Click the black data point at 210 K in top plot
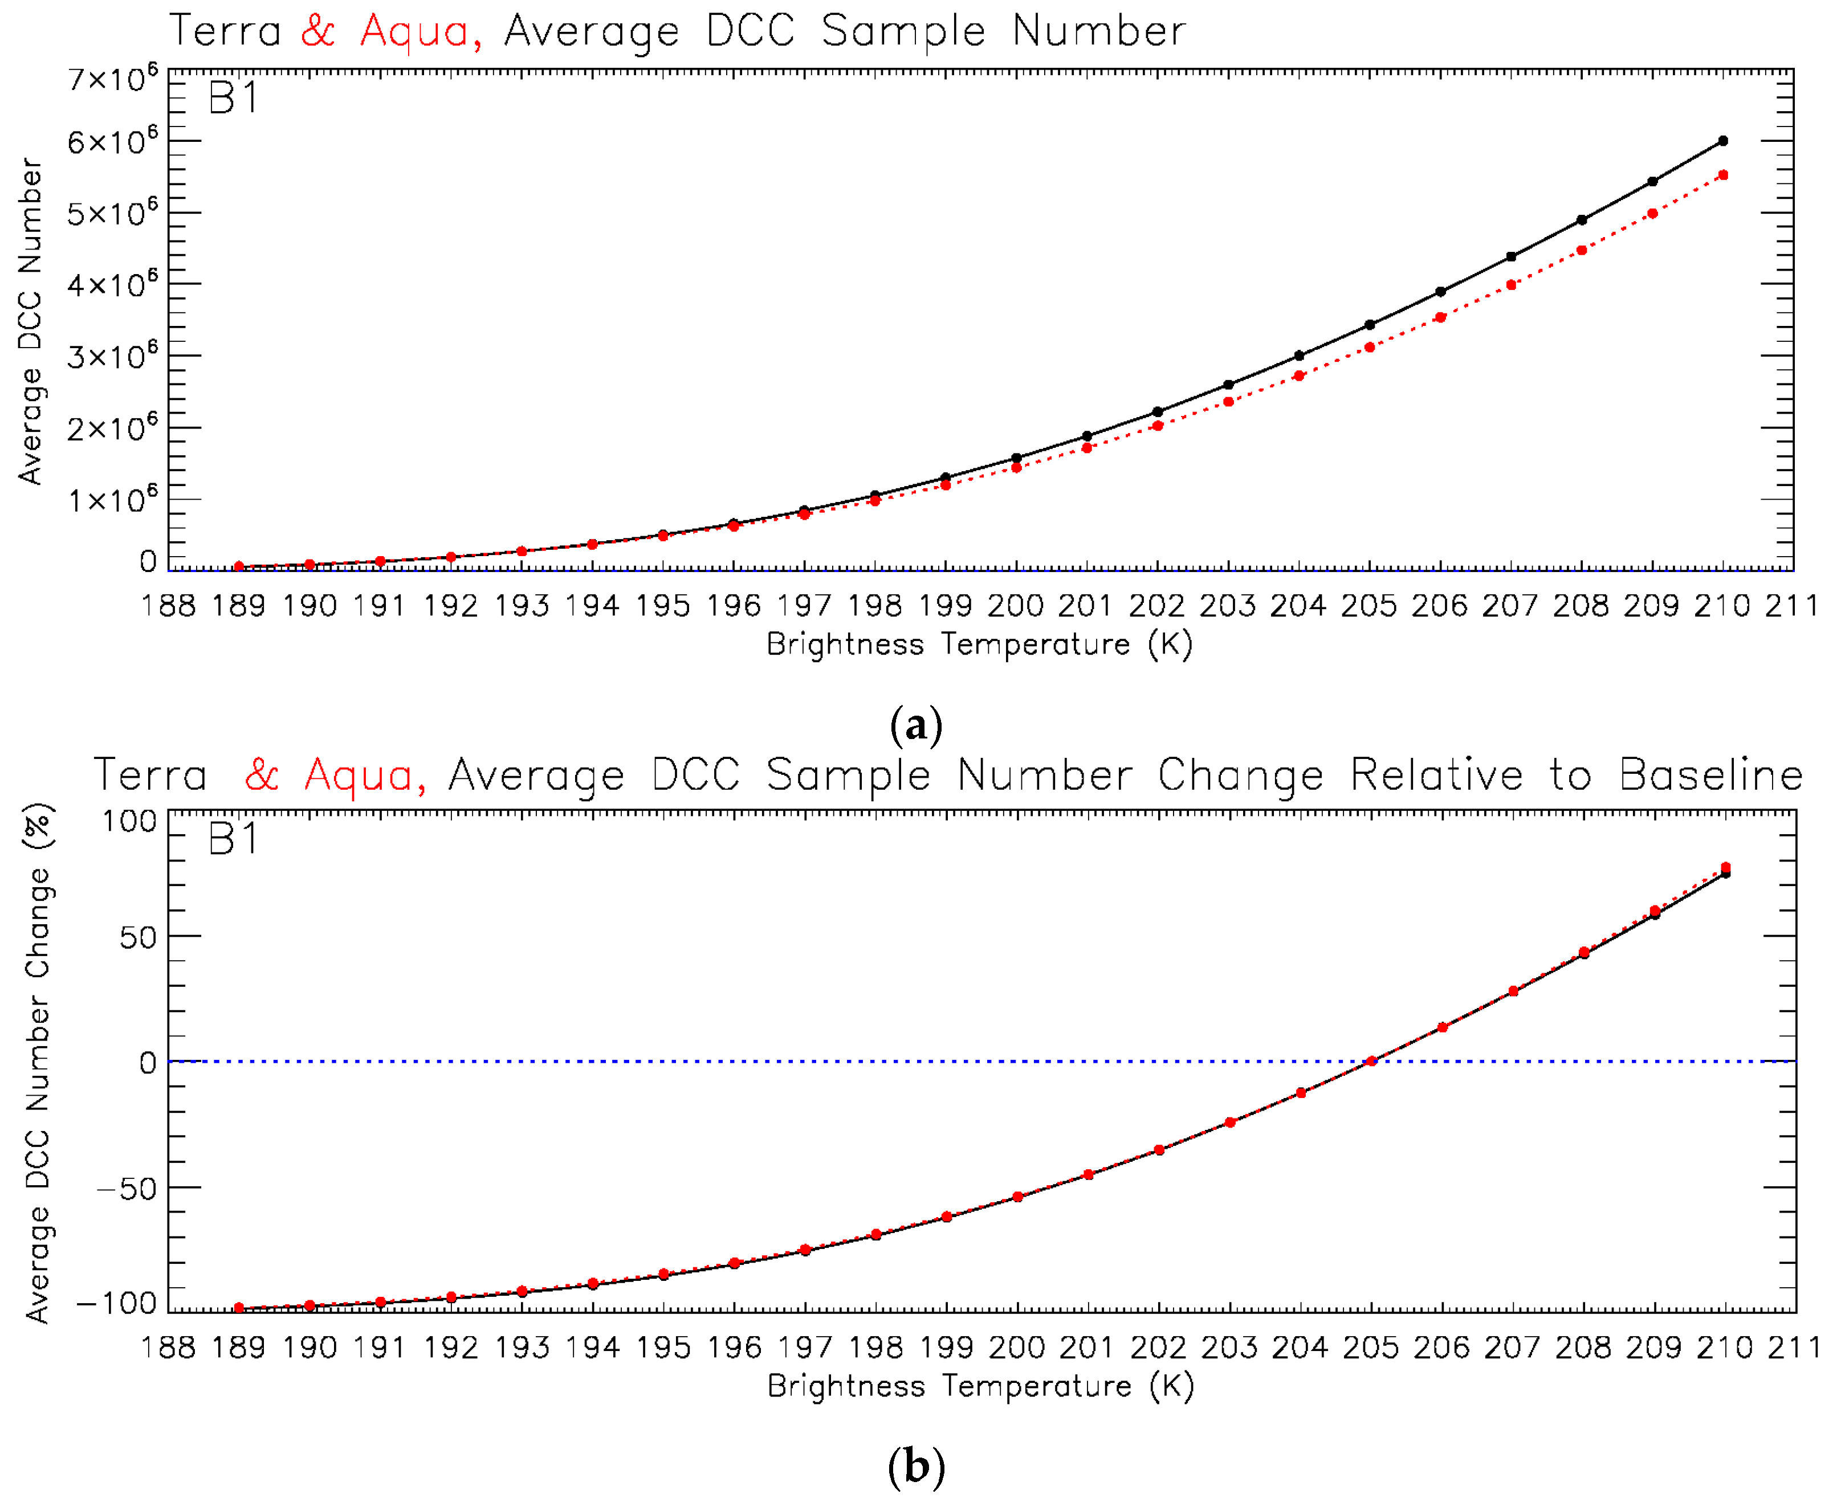[x=1722, y=141]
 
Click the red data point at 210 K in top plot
[x=1722, y=175]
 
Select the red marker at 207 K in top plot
[x=1511, y=285]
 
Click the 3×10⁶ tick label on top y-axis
[x=112, y=356]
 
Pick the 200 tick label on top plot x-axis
[x=1015, y=606]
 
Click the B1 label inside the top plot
[x=234, y=99]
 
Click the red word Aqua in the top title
[x=414, y=31]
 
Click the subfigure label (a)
[x=916, y=725]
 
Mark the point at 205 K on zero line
[x=1371, y=1062]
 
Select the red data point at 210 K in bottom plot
[x=1725, y=868]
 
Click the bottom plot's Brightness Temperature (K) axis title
[x=981, y=1386]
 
